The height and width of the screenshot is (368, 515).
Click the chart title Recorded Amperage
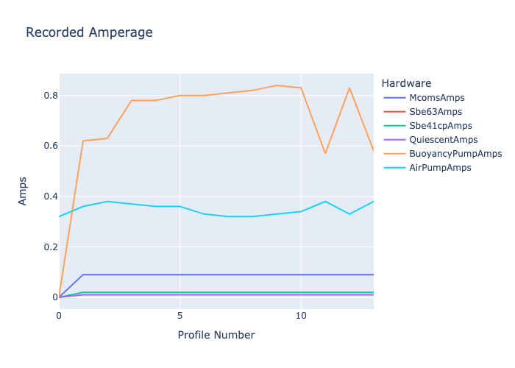89,32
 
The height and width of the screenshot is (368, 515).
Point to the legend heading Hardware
406,83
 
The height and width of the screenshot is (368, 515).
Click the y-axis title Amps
22,191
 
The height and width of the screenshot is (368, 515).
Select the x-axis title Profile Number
216,335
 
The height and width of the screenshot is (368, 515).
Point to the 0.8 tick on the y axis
51,96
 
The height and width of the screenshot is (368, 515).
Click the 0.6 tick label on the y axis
51,146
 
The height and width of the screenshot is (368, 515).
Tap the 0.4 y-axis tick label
51,197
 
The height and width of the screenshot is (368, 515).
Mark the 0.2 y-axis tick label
51,247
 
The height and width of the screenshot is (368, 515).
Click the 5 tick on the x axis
180,316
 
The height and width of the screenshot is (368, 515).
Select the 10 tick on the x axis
301,316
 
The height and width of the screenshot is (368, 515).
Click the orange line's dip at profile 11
325,153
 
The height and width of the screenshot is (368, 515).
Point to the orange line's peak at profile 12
349,88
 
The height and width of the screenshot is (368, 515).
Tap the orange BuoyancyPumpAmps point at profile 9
277,85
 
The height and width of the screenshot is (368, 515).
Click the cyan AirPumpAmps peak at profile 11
325,202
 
